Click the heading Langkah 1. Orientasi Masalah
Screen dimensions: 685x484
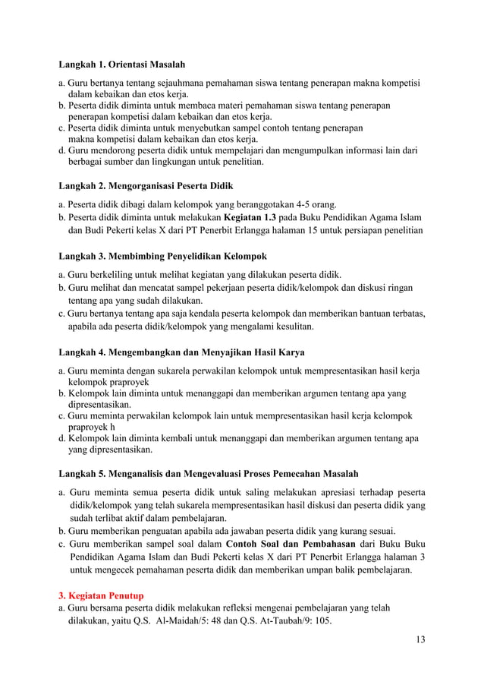click(121, 64)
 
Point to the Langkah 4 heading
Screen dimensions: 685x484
click(182, 352)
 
